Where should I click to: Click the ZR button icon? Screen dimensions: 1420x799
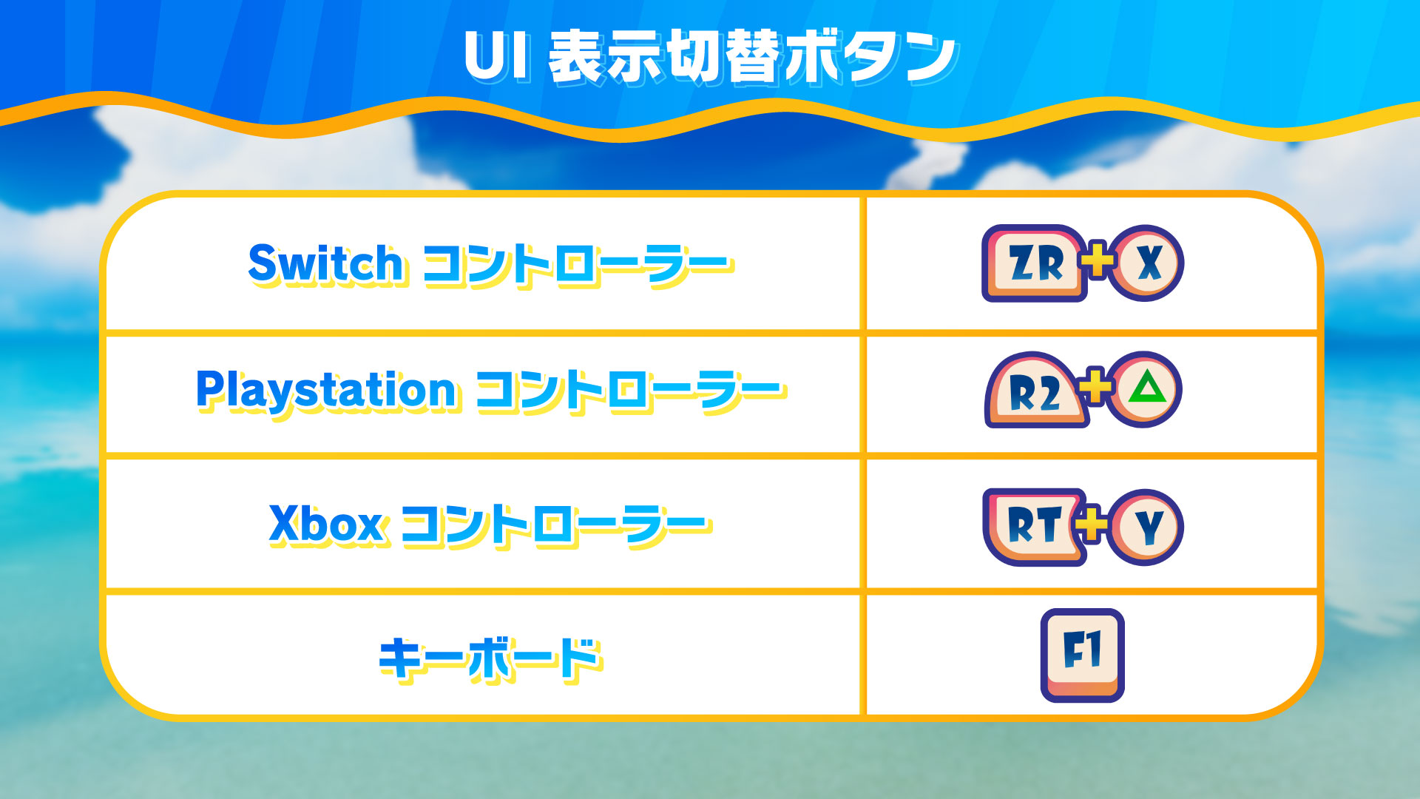point(1034,263)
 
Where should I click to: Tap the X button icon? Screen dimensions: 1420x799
point(1147,263)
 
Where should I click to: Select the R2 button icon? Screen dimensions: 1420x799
point(1035,391)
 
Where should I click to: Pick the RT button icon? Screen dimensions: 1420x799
point(1035,527)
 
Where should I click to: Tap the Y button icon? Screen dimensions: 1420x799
point(1147,527)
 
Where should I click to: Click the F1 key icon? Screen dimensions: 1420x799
point(1083,655)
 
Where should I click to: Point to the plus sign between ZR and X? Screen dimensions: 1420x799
point(1099,260)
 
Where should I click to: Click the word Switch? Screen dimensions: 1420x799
point(326,263)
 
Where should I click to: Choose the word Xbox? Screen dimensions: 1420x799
point(326,525)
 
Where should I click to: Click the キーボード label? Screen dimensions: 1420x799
point(491,658)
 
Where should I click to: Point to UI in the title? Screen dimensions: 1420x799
point(497,56)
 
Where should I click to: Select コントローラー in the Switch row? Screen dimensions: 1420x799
point(578,264)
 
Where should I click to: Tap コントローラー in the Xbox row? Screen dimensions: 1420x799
point(556,525)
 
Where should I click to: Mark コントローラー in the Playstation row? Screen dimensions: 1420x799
point(631,391)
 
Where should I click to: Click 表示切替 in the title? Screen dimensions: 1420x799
point(665,57)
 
